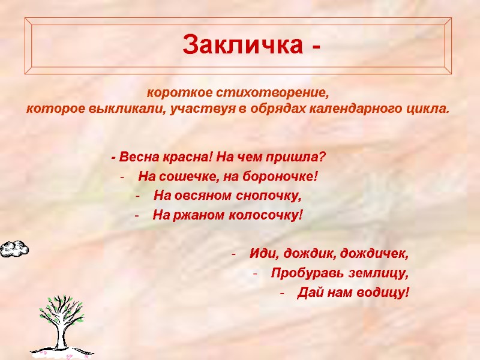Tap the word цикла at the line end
tap(429, 110)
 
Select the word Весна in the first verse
tap(139, 158)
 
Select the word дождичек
tap(376, 254)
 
